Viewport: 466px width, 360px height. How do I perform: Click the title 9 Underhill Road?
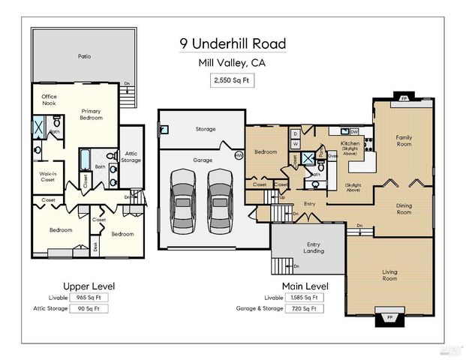pyautogui.click(x=233, y=43)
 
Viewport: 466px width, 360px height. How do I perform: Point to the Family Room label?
pyautogui.click(x=404, y=140)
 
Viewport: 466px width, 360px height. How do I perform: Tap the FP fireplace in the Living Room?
pyautogui.click(x=389, y=317)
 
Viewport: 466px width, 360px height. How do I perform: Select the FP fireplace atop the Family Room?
pyautogui.click(x=404, y=98)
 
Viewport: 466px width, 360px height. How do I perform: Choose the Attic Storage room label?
pyautogui.click(x=131, y=156)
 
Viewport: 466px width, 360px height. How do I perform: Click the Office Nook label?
pyautogui.click(x=50, y=100)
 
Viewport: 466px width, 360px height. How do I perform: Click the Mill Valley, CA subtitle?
pyautogui.click(x=233, y=63)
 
